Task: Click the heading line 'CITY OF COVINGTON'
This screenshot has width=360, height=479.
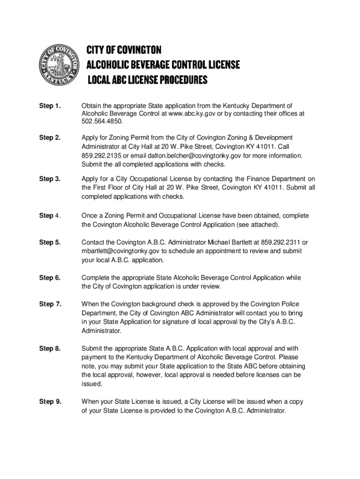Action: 124,50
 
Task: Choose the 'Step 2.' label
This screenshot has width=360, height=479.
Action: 50,138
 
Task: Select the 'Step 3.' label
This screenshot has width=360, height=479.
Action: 50,179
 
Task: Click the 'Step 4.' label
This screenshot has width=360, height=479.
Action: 50,216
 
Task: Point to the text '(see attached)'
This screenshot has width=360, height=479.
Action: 259,225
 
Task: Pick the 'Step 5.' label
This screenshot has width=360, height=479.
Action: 50,242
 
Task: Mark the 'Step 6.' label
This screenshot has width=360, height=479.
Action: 50,278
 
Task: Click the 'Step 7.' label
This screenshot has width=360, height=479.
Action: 50,305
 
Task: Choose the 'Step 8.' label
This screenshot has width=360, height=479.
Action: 50,348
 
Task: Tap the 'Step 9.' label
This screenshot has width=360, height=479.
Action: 50,401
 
